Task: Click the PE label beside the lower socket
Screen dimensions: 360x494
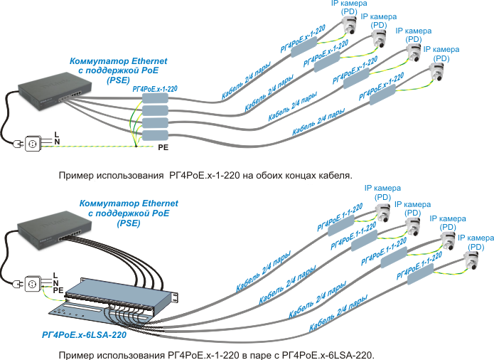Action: point(58,290)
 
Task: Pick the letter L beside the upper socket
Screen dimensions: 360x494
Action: point(56,134)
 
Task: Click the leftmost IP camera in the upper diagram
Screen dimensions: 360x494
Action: point(350,27)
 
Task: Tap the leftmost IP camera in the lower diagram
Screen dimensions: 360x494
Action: point(383,212)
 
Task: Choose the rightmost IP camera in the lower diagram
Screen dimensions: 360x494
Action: point(471,260)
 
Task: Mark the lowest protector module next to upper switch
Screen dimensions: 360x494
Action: point(154,135)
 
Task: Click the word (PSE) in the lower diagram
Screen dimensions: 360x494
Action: point(129,223)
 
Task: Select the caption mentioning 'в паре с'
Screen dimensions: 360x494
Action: point(216,354)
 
